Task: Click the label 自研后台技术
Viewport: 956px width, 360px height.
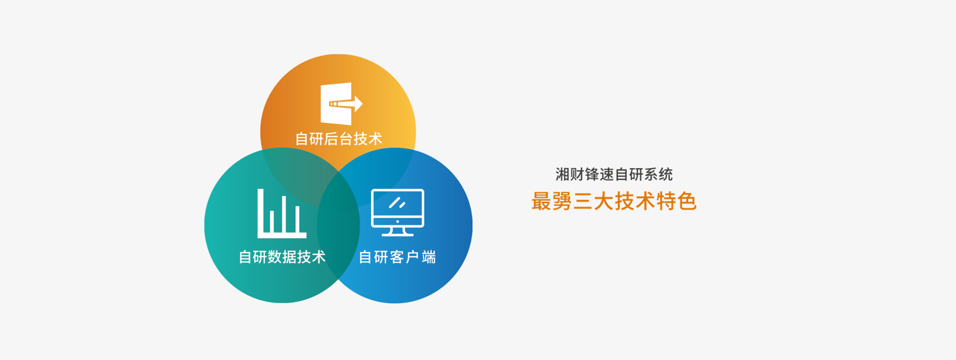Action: click(339, 139)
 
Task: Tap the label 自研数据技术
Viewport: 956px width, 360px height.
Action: click(282, 257)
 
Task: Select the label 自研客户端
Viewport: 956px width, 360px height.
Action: click(397, 257)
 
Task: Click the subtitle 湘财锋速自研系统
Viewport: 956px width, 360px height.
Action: click(614, 174)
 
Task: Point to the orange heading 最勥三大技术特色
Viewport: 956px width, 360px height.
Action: click(614, 201)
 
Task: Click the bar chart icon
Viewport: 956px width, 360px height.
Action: click(281, 214)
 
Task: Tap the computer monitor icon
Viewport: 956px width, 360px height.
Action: click(398, 212)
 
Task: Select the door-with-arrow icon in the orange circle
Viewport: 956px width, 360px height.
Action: click(342, 104)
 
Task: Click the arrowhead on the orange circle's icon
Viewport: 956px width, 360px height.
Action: click(359, 104)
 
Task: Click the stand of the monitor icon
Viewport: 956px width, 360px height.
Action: click(398, 231)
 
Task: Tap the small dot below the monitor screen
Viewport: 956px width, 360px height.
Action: click(398, 221)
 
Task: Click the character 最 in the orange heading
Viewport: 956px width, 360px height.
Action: click(542, 201)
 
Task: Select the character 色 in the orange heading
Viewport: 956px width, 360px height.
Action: click(687, 201)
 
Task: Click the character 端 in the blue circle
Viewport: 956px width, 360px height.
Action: click(428, 257)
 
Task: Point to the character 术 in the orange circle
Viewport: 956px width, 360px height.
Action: click(375, 139)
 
